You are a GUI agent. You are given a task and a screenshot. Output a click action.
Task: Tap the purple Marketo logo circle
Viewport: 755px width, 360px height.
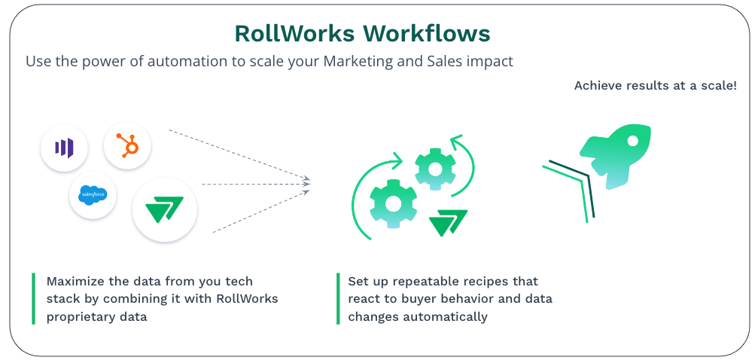click(x=64, y=146)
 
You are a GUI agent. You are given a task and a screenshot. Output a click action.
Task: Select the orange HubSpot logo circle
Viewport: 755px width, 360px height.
click(x=127, y=145)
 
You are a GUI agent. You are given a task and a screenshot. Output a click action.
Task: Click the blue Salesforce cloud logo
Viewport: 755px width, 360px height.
click(x=93, y=195)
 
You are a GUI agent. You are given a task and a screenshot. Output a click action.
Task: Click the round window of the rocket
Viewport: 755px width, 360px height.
click(x=632, y=141)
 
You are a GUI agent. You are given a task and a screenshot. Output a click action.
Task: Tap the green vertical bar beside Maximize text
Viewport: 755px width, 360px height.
click(x=33, y=298)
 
